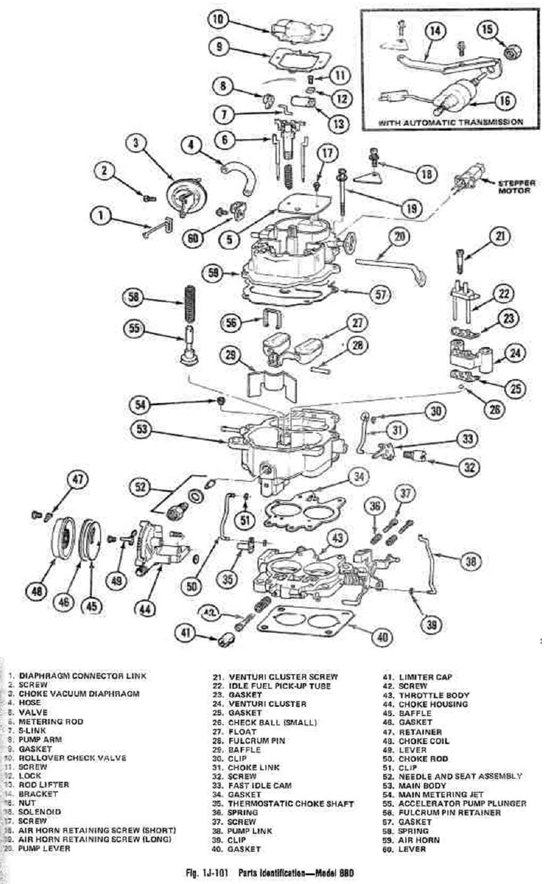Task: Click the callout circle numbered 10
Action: [x=218, y=20]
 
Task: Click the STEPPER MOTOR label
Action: [x=516, y=187]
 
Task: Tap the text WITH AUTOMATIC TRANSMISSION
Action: [x=451, y=122]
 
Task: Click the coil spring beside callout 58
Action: [x=188, y=300]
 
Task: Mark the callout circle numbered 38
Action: [x=472, y=559]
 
